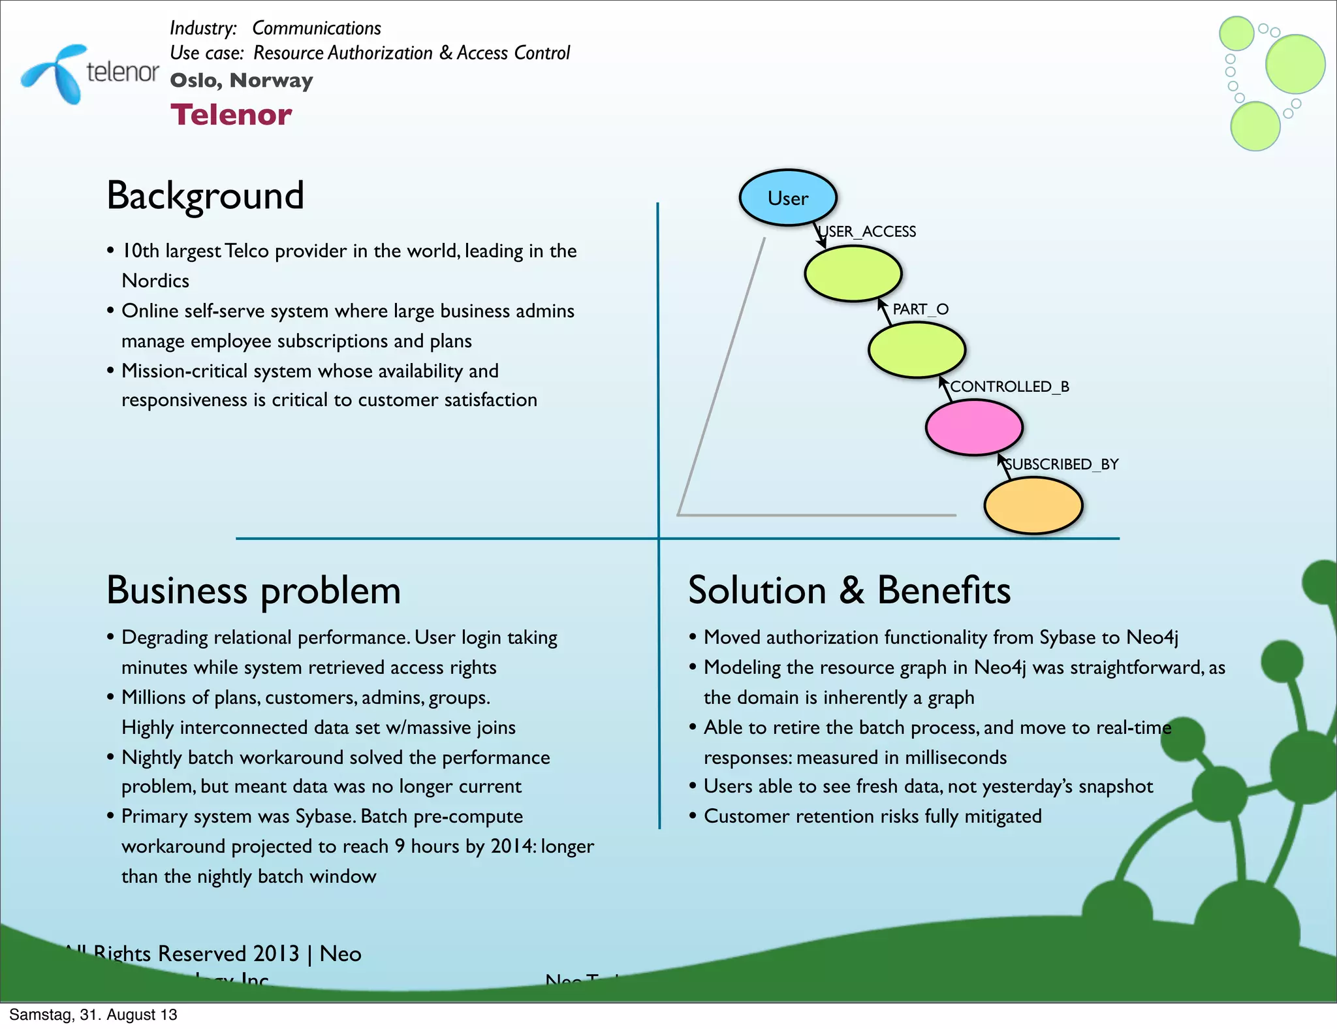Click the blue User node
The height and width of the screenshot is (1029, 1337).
[787, 198]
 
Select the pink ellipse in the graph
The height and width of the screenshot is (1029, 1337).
[974, 427]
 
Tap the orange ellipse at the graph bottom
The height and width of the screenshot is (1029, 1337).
[1033, 505]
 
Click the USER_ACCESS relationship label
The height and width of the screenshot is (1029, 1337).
[868, 232]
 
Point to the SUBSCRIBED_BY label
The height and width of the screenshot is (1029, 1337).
[1062, 464]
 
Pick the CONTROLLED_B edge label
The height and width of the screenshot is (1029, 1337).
[1009, 387]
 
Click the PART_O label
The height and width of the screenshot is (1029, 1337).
[920, 309]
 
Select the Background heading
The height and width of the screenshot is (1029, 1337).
[205, 195]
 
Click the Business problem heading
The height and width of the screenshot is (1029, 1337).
[253, 590]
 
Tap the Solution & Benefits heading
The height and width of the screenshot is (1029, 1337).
[849, 590]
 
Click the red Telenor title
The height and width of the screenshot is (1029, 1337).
[231, 115]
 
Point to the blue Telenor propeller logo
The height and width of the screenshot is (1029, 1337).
[55, 72]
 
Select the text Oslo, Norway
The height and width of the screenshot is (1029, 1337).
[242, 80]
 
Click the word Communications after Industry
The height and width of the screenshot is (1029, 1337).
[317, 28]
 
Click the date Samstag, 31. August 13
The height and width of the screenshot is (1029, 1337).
[93, 1015]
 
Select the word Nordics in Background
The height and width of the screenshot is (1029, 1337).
[155, 281]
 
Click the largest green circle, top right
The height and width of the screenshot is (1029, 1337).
[1295, 64]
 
